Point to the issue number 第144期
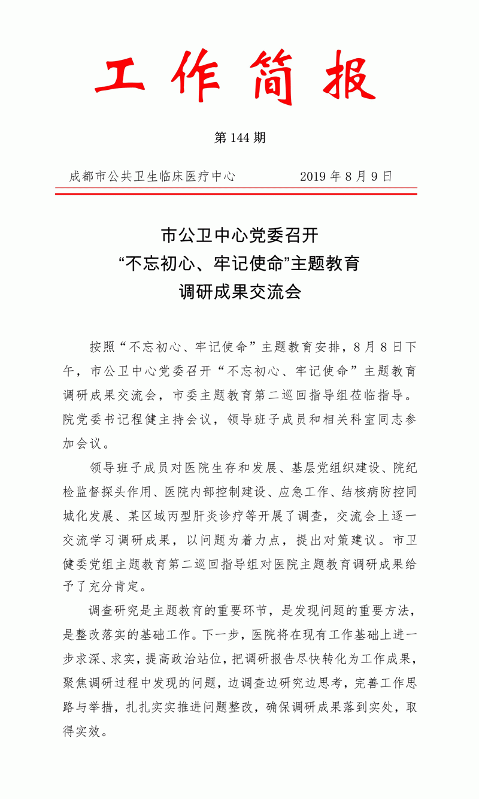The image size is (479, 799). point(239,138)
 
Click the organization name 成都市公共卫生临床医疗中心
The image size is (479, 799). point(152,177)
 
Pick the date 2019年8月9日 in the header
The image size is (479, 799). point(346,177)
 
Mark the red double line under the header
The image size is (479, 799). point(236,192)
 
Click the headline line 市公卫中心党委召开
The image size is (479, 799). point(239,235)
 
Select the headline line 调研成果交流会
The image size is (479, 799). point(239,292)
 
